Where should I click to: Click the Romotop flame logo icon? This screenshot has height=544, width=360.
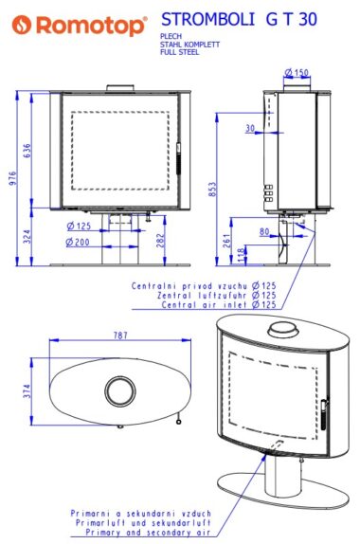[22, 25]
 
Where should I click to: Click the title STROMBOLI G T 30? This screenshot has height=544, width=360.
[239, 19]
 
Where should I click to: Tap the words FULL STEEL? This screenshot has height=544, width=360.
[179, 52]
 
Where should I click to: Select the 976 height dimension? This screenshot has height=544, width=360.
[12, 178]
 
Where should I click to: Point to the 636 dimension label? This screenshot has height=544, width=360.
[27, 151]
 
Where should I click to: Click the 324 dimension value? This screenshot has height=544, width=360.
[27, 236]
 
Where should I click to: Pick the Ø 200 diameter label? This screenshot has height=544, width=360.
[78, 242]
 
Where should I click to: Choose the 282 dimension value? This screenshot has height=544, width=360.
[160, 241]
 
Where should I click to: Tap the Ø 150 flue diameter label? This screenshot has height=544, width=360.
[297, 73]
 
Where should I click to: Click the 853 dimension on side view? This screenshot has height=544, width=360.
[212, 190]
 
